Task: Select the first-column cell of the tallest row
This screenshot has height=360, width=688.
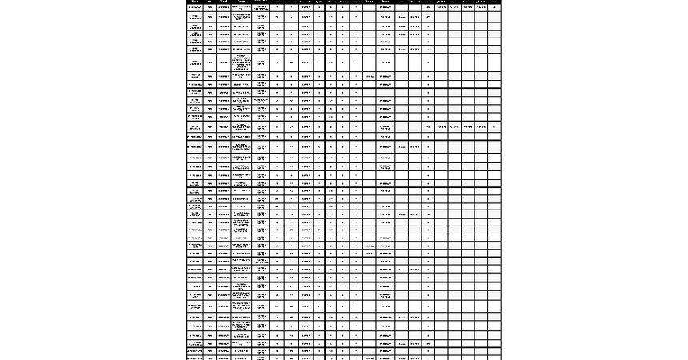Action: click(194, 62)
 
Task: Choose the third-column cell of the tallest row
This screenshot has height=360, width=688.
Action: click(223, 62)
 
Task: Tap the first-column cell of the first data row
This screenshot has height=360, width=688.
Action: click(194, 6)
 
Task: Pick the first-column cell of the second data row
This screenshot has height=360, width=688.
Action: click(194, 16)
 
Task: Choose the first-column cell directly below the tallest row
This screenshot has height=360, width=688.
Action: click(194, 75)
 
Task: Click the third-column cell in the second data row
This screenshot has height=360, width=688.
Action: click(223, 16)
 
